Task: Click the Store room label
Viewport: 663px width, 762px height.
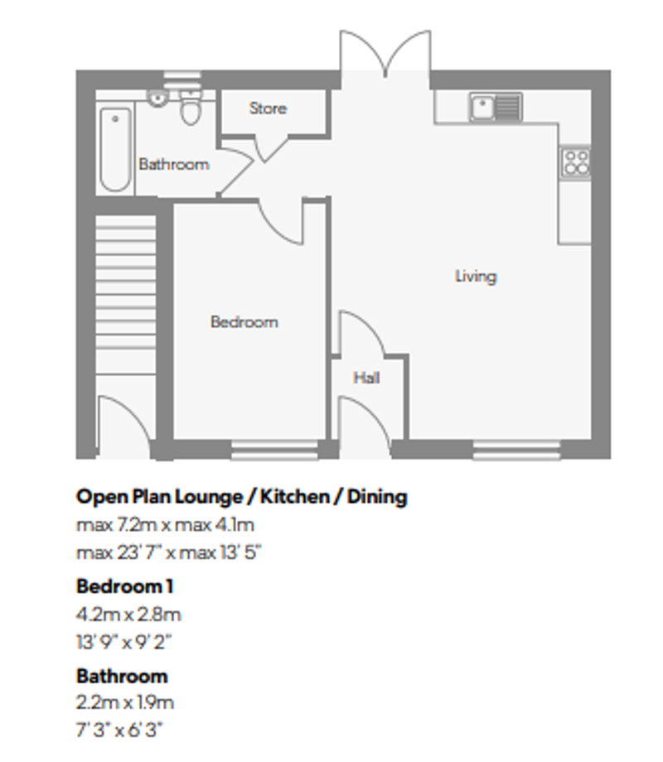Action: click(x=268, y=109)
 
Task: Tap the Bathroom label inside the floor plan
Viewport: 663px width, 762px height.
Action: click(x=173, y=164)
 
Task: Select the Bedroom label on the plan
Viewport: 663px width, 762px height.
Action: click(x=244, y=321)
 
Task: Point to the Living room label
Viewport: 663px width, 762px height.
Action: click(x=475, y=276)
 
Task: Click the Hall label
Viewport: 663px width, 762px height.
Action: click(x=366, y=378)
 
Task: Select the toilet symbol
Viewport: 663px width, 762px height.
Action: click(x=191, y=108)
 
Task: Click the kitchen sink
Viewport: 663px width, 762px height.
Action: click(x=495, y=106)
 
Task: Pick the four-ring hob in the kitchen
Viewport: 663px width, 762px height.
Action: click(x=575, y=161)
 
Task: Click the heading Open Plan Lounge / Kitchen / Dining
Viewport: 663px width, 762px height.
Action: click(x=241, y=496)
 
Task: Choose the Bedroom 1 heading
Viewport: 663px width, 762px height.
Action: click(x=125, y=586)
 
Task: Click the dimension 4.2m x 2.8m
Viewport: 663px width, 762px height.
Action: click(x=128, y=615)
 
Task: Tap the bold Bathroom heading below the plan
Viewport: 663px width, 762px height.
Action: click(x=122, y=675)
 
